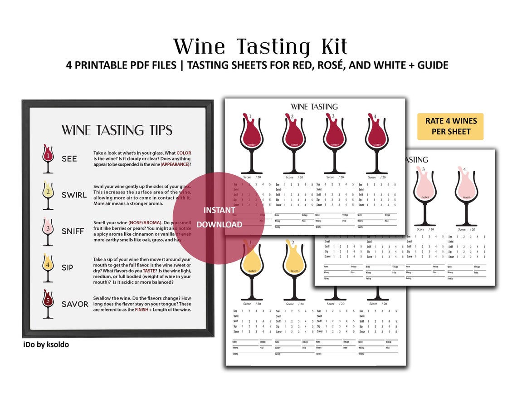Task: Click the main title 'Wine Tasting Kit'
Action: [260, 47]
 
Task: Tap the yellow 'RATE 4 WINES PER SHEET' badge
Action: [450, 127]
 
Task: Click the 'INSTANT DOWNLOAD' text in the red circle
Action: [219, 217]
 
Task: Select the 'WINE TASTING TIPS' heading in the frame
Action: [117, 130]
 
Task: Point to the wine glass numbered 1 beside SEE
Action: [48, 158]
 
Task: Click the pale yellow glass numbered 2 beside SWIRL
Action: [48, 195]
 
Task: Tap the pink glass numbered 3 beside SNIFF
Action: [48, 231]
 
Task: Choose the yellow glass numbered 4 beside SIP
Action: [48, 267]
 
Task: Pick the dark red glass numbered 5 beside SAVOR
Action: [48, 304]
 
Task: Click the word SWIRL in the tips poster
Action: [74, 195]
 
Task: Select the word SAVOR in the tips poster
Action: [75, 304]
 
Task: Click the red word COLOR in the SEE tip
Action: [184, 153]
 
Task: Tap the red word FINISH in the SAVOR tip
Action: [141, 310]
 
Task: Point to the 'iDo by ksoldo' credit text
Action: [46, 345]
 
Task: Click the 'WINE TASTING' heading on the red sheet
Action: [314, 107]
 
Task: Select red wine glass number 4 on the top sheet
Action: [376, 141]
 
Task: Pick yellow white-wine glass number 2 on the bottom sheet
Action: [294, 268]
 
